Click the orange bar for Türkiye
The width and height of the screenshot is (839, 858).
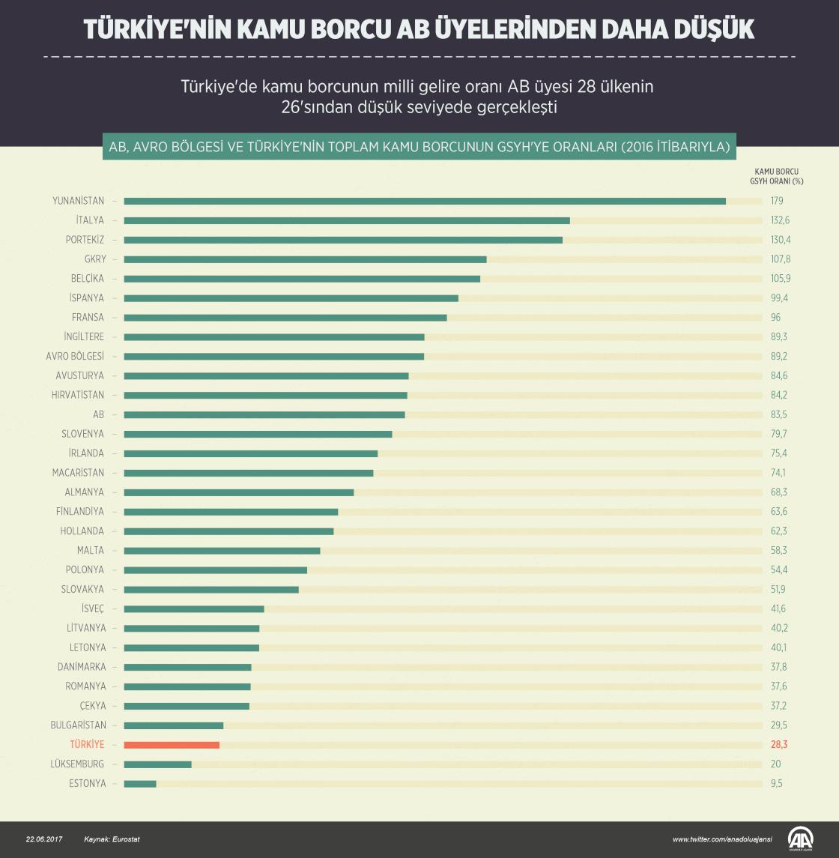pos(172,745)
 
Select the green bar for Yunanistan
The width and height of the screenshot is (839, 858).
pos(425,201)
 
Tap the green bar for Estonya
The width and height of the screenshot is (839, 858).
pos(140,784)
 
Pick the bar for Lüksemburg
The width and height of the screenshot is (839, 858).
pos(157,764)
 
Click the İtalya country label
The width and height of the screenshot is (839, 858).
pos(90,220)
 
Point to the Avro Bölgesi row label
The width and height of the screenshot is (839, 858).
pos(75,356)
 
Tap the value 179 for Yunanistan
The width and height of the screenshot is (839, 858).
pos(777,201)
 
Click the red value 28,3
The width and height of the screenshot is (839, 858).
pos(779,745)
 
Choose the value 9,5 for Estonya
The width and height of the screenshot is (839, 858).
pos(778,784)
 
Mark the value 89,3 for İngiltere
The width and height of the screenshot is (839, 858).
pos(779,337)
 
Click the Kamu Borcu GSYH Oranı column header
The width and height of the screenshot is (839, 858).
pos(775,175)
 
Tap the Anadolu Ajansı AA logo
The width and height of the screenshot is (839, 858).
pos(801,839)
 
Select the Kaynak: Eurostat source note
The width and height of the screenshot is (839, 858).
pos(112,839)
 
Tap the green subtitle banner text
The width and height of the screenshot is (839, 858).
pos(419,147)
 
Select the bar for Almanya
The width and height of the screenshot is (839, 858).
pos(238,492)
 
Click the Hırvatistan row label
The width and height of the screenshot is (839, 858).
pos(78,395)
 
